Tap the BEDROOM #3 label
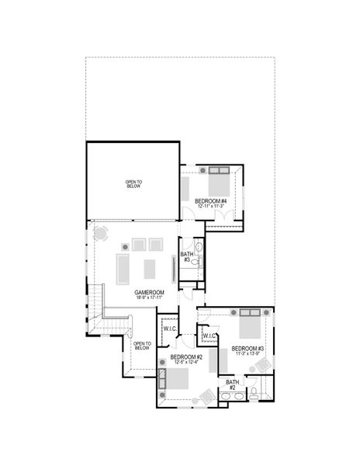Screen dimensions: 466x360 click(x=248, y=348)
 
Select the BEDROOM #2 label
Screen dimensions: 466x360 click(x=186, y=356)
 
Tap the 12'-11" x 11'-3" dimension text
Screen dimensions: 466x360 click(x=212, y=207)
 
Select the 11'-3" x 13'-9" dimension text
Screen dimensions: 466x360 click(x=248, y=354)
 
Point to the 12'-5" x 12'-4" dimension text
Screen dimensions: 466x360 click(x=186, y=362)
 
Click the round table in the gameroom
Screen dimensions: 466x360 click(x=100, y=234)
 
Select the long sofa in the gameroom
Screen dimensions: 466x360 click(x=123, y=268)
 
